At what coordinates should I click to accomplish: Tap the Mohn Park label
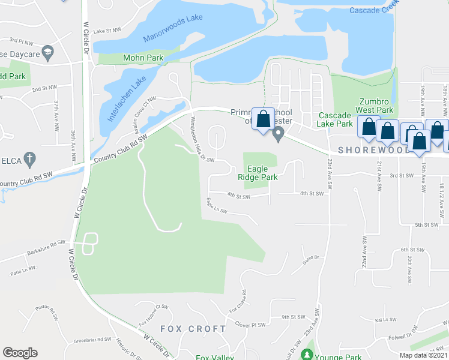click(x=126, y=58)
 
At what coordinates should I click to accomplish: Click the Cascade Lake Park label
click(x=335, y=119)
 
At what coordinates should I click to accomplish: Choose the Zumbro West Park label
click(x=376, y=106)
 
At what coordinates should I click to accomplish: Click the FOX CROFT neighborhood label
click(x=193, y=329)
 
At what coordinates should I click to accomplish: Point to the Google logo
click(x=20, y=353)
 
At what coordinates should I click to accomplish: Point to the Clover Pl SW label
click(x=250, y=325)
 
